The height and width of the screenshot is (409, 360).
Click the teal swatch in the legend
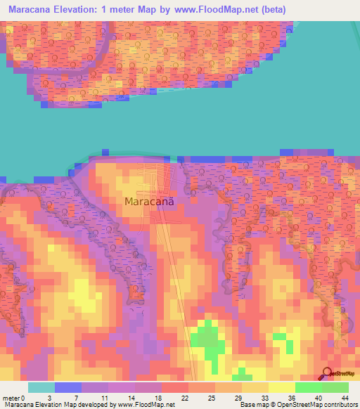(x=41, y=387)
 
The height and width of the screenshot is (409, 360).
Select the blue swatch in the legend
(x=68, y=387)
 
